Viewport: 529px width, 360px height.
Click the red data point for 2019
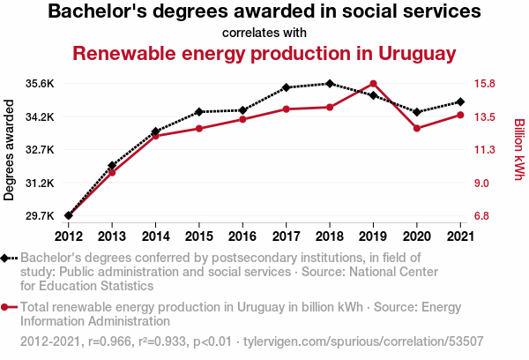tap(373, 84)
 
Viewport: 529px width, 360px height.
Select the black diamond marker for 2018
tap(330, 84)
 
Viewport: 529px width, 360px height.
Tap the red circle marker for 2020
tap(417, 128)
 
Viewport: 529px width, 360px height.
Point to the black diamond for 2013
tap(112, 166)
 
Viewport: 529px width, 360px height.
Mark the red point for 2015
tap(199, 129)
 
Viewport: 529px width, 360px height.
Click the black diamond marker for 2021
tap(460, 101)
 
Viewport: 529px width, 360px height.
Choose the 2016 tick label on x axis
tap(242, 236)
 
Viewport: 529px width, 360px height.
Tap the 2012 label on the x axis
tap(69, 236)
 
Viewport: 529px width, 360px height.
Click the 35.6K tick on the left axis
tap(40, 84)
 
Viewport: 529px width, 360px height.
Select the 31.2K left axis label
tap(40, 183)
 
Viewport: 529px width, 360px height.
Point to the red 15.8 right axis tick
tap(484, 84)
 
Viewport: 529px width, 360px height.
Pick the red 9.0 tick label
tap(481, 183)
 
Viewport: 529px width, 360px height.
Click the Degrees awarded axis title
tap(9, 150)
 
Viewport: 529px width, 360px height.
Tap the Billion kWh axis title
tap(519, 149)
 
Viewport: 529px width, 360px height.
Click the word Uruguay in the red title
tap(417, 54)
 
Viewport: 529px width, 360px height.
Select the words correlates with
tap(264, 33)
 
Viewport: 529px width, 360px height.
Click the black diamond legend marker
tap(4, 259)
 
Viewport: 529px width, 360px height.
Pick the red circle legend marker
tap(4, 307)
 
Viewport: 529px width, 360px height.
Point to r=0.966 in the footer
tap(109, 341)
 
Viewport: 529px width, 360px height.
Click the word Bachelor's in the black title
tap(98, 11)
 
